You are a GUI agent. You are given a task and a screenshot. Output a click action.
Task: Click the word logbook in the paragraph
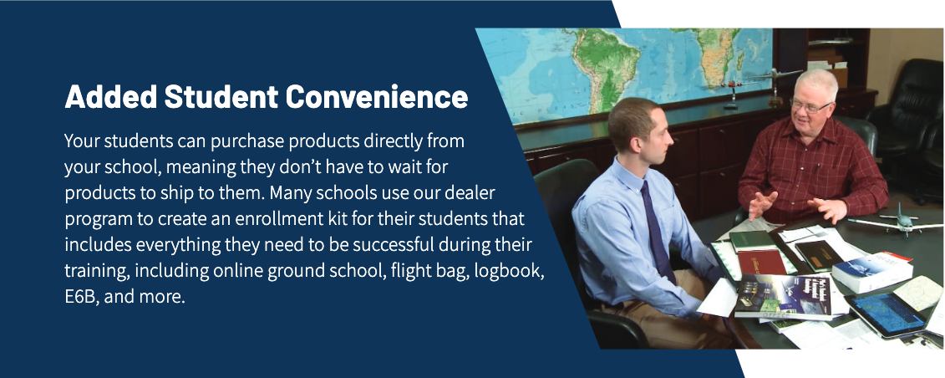coord(509,271)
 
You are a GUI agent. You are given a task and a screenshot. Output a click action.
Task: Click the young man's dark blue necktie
coord(658,232)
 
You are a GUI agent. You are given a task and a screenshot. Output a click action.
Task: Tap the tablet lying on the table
coord(886,314)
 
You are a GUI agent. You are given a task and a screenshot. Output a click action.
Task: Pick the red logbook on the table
coord(762,262)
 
